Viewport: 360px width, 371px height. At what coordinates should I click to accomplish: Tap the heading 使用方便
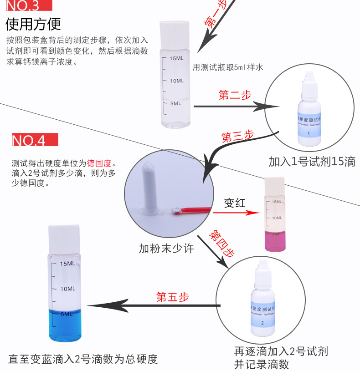pos(33,24)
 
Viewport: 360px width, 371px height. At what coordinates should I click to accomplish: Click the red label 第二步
pos(235,96)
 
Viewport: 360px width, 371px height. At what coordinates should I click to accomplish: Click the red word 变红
pos(235,203)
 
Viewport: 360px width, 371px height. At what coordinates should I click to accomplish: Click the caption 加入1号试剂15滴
pos(312,162)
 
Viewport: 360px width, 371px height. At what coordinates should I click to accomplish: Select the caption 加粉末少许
pos(166,249)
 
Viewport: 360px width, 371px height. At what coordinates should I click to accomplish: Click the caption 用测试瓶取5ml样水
pos(228,67)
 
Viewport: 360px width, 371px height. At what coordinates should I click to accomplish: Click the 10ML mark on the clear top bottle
pos(176,81)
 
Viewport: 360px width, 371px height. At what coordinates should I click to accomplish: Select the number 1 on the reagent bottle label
pos(309,133)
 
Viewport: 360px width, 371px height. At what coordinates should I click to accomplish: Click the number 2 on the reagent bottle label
pos(262,323)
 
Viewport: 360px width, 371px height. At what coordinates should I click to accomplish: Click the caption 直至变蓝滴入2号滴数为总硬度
pos(83,359)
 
